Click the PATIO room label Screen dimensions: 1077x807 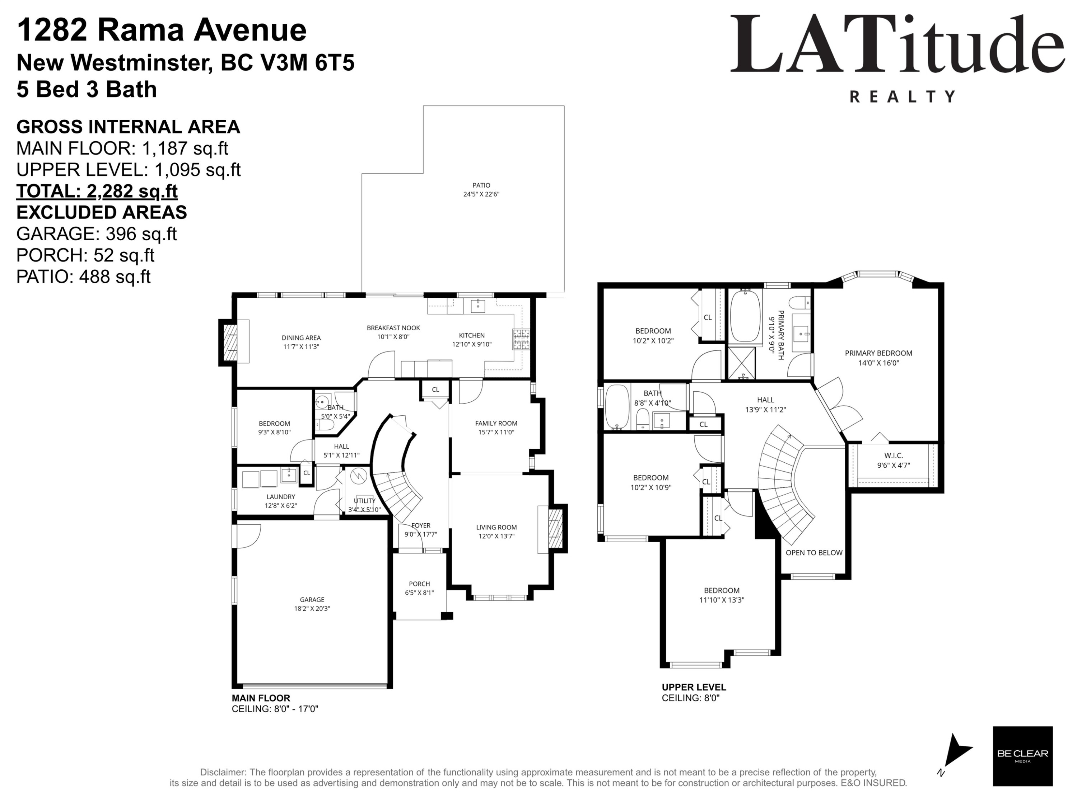(481, 185)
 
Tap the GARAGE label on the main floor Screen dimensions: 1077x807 (312, 600)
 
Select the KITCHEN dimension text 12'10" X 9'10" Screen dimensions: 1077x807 (472, 344)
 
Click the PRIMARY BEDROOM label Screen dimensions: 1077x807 (878, 353)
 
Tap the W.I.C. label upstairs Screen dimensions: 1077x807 (894, 456)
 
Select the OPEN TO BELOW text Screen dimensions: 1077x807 (814, 553)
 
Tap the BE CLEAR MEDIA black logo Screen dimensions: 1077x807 (1022, 756)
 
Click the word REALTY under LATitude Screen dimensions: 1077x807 (903, 96)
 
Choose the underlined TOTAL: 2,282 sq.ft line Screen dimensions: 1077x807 (97, 191)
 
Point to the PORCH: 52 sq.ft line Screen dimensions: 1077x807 (85, 255)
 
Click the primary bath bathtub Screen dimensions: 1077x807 (745, 317)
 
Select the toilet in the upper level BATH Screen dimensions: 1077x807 (643, 419)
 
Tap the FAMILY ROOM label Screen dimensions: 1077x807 (496, 423)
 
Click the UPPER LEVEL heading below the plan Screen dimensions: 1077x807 (694, 687)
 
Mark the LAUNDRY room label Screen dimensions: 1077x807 (281, 497)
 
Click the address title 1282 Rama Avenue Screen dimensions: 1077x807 (162, 30)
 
